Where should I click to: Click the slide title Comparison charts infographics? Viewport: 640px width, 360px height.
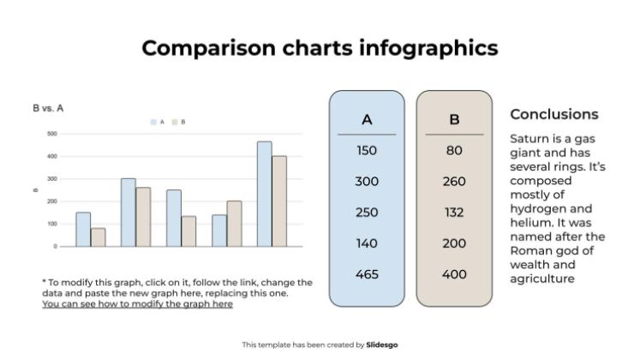pyautogui.click(x=320, y=47)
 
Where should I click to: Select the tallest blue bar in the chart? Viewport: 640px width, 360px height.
pyautogui.click(x=264, y=194)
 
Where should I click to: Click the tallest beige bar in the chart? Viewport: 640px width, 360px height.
pyautogui.click(x=279, y=201)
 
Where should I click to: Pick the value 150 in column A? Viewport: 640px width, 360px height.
pyautogui.click(x=367, y=151)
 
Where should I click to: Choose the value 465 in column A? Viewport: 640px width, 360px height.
pyautogui.click(x=367, y=274)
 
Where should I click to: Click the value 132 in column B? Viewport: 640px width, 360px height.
pyautogui.click(x=454, y=213)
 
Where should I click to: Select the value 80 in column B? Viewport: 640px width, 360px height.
pyautogui.click(x=454, y=151)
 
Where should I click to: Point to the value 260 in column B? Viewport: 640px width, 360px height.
pyautogui.click(x=454, y=182)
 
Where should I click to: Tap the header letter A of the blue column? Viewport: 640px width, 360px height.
pyautogui.click(x=367, y=119)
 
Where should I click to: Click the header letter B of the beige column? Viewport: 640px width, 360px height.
pyautogui.click(x=454, y=119)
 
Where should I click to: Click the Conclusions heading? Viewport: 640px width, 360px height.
pyautogui.click(x=554, y=114)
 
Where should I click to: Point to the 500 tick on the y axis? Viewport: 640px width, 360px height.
pyautogui.click(x=52, y=134)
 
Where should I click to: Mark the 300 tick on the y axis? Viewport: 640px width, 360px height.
pyautogui.click(x=52, y=179)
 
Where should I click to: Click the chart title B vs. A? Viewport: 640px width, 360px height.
pyautogui.click(x=48, y=108)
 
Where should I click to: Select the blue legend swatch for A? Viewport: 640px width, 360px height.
pyautogui.click(x=153, y=123)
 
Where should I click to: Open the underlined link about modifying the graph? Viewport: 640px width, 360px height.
pyautogui.click(x=137, y=303)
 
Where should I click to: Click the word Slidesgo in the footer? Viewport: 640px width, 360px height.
pyautogui.click(x=382, y=345)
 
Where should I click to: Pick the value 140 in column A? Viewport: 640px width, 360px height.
pyautogui.click(x=367, y=243)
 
